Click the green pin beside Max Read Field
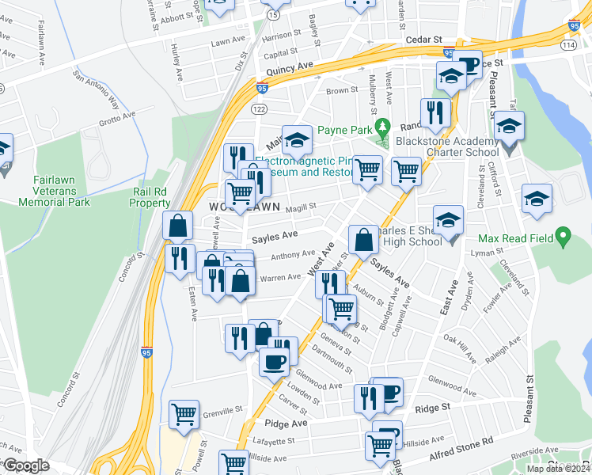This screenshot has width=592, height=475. [563, 235]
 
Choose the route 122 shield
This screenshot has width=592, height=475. [260, 108]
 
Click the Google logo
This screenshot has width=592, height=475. [26, 466]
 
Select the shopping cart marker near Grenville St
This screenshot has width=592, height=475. [184, 413]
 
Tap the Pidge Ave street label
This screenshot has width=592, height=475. [287, 424]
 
